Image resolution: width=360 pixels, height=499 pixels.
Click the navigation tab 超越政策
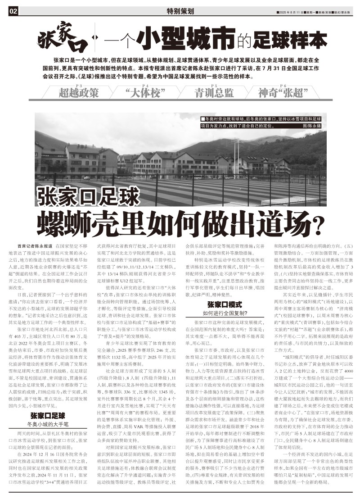(78, 93)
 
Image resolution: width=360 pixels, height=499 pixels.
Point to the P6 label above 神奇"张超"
(283, 86)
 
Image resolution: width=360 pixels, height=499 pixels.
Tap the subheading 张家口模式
(225, 304)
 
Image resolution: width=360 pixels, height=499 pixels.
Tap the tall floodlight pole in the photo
(236, 153)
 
